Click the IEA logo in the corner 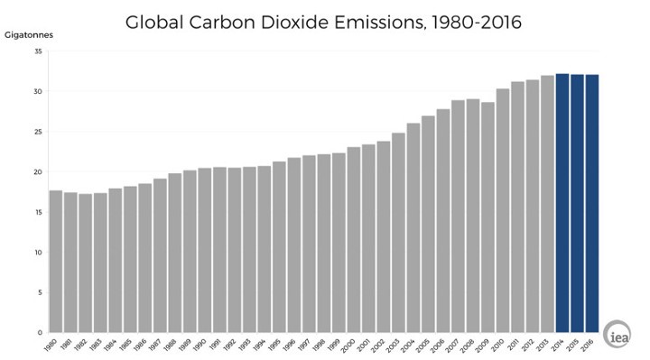pyautogui.click(x=617, y=331)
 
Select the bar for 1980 pyautogui.click(x=56, y=261)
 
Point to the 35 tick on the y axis pyautogui.click(x=38, y=51)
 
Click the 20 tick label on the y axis pyautogui.click(x=38, y=171)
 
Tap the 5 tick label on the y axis pyautogui.click(x=40, y=292)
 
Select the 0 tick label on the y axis pyautogui.click(x=40, y=332)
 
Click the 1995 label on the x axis pyautogui.click(x=277, y=345)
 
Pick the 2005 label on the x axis pyautogui.click(x=426, y=345)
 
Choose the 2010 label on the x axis pyautogui.click(x=500, y=345)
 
